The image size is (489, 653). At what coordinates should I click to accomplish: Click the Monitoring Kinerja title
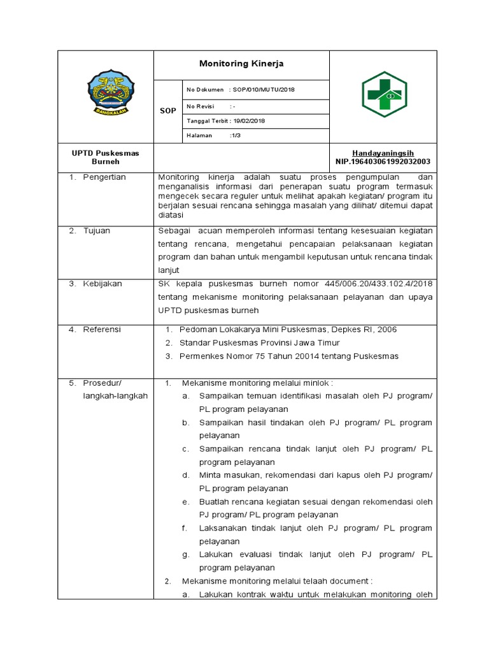pos(241,64)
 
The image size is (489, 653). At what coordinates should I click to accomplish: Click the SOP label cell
pos(168,111)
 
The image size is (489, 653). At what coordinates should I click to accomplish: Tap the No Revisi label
pos(200,106)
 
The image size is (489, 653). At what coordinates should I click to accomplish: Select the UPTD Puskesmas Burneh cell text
pos(105,158)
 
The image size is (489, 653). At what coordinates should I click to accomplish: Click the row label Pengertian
pos(104,177)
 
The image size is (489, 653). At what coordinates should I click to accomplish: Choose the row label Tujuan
pos(96,231)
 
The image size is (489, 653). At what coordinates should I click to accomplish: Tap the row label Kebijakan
pos(102,284)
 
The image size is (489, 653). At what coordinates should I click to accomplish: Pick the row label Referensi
pos(102,330)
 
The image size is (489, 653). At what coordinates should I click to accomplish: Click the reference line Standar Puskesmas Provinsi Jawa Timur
pos(259,343)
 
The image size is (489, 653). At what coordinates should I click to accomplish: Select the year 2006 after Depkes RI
pos(386,330)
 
